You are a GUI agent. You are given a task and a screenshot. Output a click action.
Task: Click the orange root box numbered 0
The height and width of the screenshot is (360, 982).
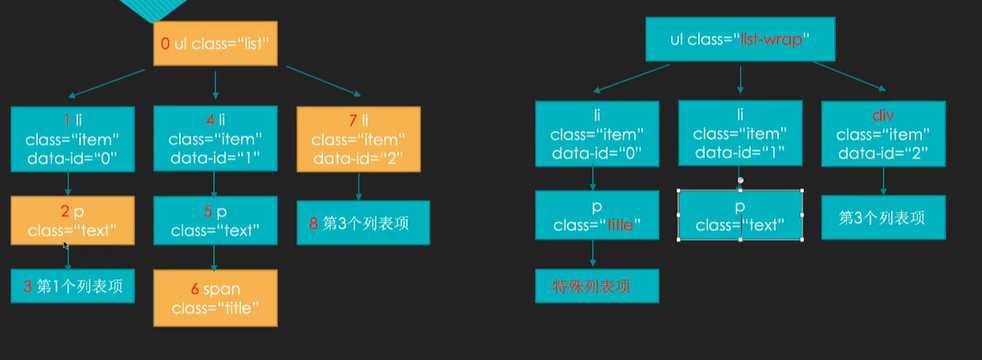coord(215,44)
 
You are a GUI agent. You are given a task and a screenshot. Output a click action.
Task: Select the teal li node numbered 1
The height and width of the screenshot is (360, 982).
coord(73,140)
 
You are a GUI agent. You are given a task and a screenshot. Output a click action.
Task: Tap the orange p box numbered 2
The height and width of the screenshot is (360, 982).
coord(73,221)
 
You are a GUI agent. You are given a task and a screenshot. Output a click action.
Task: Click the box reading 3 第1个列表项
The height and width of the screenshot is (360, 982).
coord(73,286)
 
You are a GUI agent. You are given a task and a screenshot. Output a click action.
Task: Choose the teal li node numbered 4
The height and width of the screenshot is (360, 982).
coord(215,140)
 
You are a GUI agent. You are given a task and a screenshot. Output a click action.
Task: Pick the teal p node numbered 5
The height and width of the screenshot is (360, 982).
coord(215,221)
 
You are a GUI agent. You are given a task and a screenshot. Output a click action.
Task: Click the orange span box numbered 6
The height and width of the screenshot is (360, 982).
coord(215,298)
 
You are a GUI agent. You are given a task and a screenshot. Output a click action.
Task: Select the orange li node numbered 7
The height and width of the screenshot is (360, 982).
coord(358,140)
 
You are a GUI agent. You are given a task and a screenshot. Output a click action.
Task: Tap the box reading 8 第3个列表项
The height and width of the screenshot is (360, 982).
coord(364,223)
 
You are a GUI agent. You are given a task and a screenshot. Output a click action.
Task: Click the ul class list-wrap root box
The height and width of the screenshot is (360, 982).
coord(740,39)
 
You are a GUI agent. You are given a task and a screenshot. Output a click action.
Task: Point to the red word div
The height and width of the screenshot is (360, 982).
coord(883,117)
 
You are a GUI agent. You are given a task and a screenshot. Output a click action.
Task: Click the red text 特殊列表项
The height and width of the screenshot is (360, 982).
coord(592,286)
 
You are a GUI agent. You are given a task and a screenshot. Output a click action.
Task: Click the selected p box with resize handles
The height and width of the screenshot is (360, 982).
coord(740,215)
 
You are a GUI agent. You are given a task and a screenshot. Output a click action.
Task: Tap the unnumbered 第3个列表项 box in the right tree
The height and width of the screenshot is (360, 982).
coord(883,218)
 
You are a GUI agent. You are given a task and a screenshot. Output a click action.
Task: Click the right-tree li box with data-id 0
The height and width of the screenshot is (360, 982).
coord(597,134)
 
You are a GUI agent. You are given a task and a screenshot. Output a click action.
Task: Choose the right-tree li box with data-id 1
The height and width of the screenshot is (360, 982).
coord(740,134)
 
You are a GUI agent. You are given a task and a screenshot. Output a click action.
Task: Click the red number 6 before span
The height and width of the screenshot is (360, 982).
coord(194,289)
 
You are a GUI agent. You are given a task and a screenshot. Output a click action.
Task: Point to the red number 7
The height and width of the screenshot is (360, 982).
coord(353,120)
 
